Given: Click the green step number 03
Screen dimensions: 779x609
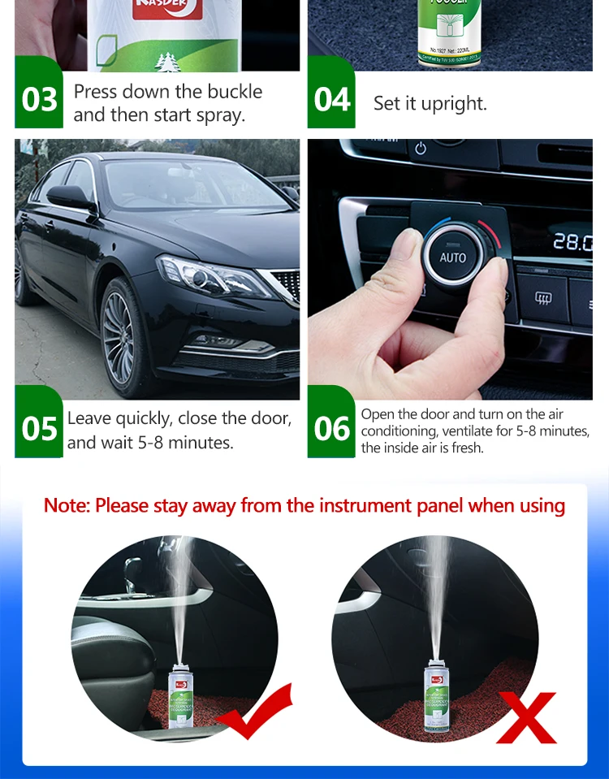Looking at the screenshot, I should point(39,99).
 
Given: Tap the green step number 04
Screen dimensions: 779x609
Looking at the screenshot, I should point(331,99).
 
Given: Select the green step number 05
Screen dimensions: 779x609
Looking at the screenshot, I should point(39,428).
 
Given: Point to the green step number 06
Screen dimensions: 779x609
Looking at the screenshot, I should point(331,428).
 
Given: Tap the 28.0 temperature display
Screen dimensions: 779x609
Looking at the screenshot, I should point(572,241).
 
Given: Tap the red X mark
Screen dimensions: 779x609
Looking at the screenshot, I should point(526,717).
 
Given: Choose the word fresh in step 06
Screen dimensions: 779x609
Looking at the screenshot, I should point(466,448).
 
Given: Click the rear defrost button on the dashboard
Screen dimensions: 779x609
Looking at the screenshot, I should point(542,299).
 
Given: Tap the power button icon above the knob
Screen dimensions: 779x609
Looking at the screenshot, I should point(420,149).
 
